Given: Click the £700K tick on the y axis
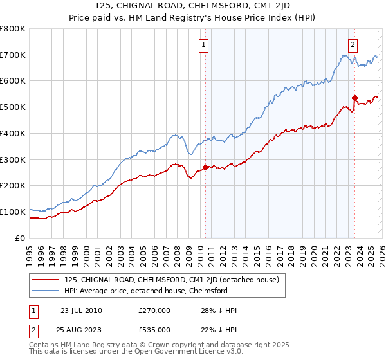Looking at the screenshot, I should pyautogui.click(x=13, y=55).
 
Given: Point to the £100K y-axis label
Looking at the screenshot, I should pyautogui.click(x=13, y=212).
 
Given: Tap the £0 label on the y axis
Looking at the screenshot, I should pyautogui.click(x=21, y=238).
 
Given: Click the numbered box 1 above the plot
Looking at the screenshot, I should pyautogui.click(x=203, y=44).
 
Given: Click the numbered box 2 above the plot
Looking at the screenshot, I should pyautogui.click(x=353, y=44).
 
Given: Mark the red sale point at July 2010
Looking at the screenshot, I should pyautogui.click(x=205, y=167).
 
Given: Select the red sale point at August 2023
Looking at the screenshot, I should pyautogui.click(x=354, y=98).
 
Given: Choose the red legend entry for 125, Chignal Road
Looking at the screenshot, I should pyautogui.click(x=171, y=280).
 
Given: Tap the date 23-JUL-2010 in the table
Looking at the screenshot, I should pyautogui.click(x=81, y=310).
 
